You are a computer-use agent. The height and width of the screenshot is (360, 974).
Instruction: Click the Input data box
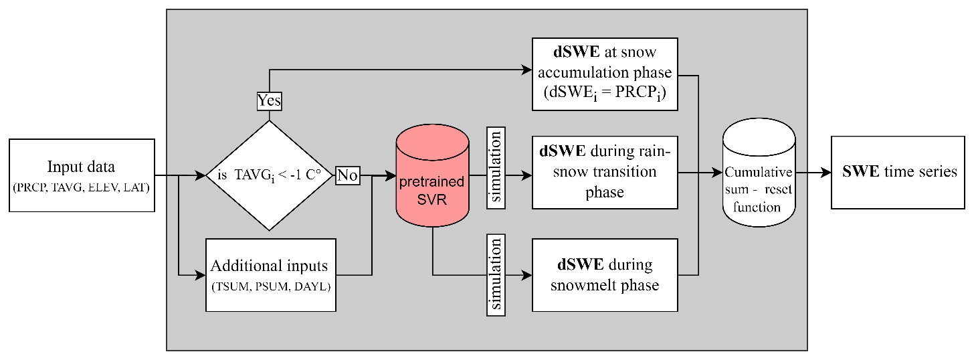(82, 175)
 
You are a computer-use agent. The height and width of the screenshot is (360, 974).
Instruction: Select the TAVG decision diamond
(269, 176)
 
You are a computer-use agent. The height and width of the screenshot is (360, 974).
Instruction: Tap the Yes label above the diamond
(269, 101)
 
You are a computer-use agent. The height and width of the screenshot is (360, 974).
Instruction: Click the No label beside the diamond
(347, 175)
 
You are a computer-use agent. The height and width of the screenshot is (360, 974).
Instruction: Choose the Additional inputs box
(270, 274)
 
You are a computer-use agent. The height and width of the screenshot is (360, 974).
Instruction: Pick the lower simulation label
(496, 274)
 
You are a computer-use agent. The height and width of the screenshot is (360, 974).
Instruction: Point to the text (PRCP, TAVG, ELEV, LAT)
(82, 187)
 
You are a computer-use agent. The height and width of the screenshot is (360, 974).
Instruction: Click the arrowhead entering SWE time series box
(825, 172)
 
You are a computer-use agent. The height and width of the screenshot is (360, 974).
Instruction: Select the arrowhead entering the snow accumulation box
(526, 68)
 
